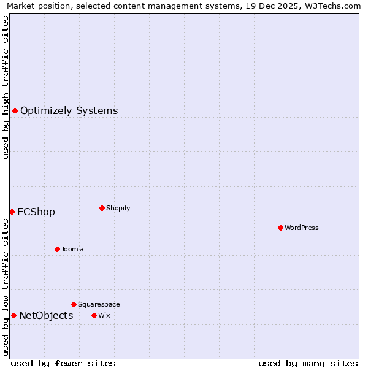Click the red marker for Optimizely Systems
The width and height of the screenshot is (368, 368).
click(x=15, y=110)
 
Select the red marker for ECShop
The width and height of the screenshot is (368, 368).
click(x=12, y=212)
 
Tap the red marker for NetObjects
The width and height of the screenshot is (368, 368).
click(x=13, y=315)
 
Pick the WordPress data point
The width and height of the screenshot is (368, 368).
click(x=280, y=228)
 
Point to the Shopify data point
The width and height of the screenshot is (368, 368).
click(x=102, y=208)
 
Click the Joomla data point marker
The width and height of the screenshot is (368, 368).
click(x=57, y=249)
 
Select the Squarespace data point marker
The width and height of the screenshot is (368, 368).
click(x=74, y=304)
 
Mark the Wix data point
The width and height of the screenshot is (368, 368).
click(x=94, y=315)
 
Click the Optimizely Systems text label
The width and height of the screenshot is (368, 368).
click(x=69, y=111)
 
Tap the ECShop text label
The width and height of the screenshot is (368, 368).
click(x=36, y=212)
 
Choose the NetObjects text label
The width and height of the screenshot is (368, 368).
click(x=46, y=316)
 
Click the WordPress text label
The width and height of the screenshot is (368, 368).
click(x=302, y=228)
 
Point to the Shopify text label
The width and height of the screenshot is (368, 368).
click(x=118, y=208)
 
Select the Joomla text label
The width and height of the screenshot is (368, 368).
click(x=72, y=249)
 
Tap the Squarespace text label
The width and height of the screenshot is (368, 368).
click(x=99, y=304)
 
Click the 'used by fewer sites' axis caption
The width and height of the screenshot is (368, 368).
click(x=63, y=363)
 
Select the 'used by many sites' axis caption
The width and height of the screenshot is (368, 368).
click(x=308, y=363)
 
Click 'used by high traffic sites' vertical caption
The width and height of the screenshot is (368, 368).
click(x=6, y=87)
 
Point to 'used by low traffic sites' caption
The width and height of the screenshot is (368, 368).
click(x=6, y=287)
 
